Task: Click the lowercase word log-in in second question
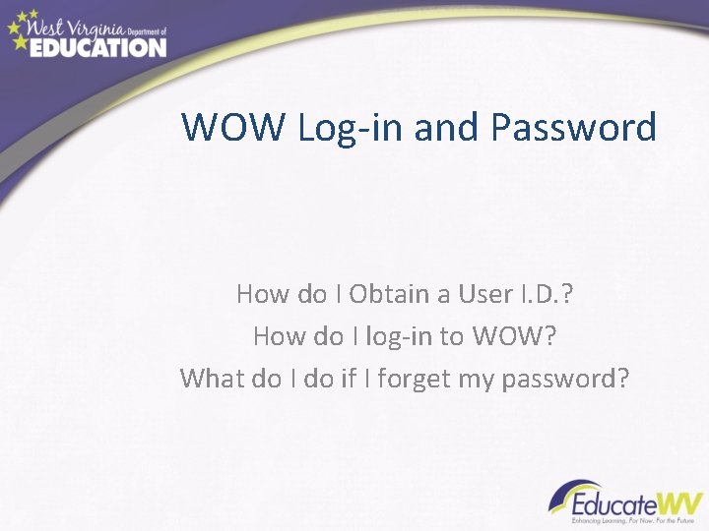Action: (x=399, y=335)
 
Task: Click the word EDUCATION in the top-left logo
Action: (x=97, y=46)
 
